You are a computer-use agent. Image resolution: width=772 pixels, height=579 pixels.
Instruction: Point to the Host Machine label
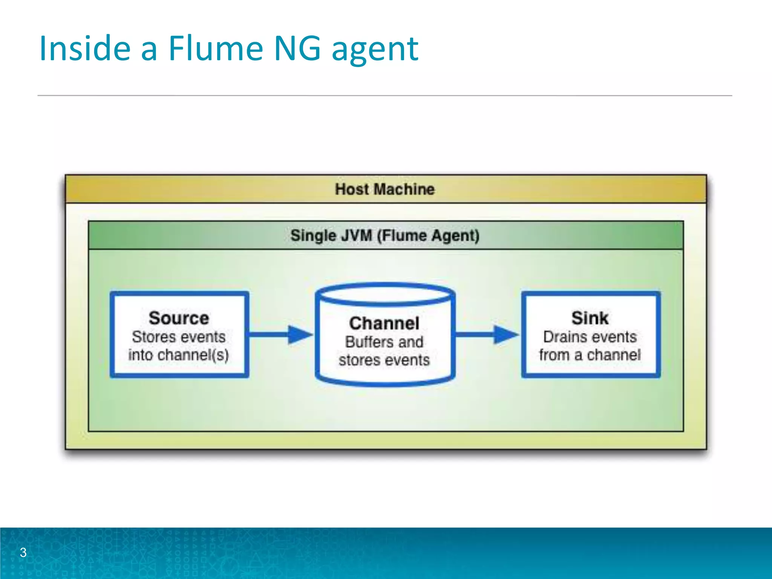pos(385,189)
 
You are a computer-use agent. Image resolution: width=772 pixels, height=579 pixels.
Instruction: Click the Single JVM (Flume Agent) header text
pos(385,236)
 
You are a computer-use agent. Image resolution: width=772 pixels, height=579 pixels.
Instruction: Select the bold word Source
pos(179,318)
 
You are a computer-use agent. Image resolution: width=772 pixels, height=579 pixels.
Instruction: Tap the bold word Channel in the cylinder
pos(384,323)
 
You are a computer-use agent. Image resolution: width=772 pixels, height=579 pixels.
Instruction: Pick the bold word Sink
pos(590,318)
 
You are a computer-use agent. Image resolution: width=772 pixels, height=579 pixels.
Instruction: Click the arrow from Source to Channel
pos(281,334)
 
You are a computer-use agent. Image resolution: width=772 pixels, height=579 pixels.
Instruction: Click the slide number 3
pos(23,553)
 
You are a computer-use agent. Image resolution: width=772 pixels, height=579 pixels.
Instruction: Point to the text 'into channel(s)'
pos(179,355)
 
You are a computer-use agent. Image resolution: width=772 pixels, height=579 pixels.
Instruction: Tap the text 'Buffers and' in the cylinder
pos(384,342)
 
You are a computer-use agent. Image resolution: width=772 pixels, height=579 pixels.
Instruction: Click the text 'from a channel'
pos(590,355)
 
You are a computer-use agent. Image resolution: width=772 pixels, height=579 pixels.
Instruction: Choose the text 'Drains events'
pos(590,337)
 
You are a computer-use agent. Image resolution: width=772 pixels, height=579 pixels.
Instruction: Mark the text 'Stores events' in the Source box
pos(179,337)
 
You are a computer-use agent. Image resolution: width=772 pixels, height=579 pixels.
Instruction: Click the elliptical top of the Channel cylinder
pos(385,294)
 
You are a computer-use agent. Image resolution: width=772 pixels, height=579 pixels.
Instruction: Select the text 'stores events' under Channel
pos(384,360)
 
